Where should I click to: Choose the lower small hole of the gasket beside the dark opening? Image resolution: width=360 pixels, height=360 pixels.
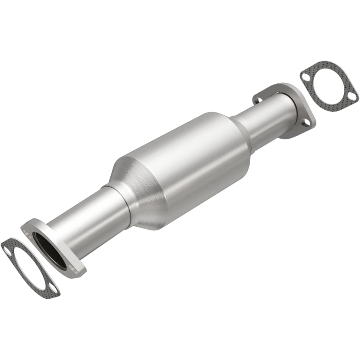[53, 290]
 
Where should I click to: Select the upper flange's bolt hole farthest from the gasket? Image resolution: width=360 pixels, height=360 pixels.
[259, 95]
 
